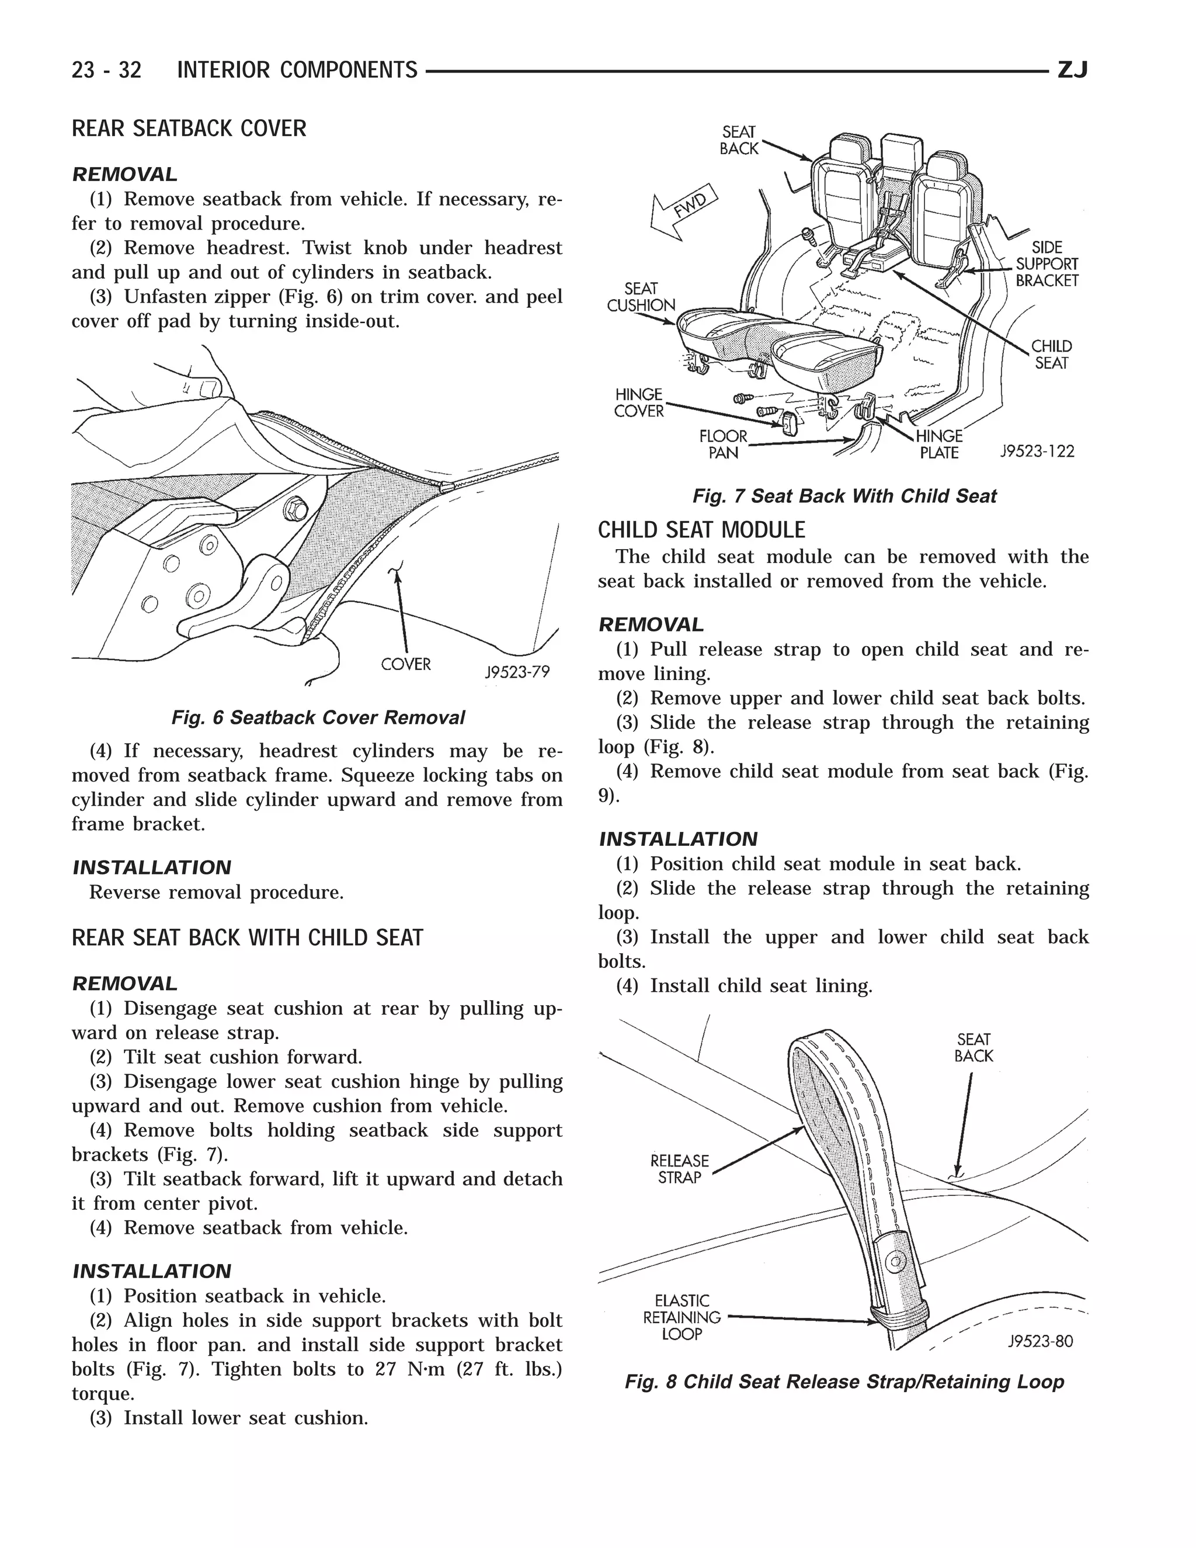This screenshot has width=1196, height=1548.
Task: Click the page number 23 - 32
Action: (106, 70)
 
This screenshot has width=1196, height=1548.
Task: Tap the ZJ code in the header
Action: (1072, 70)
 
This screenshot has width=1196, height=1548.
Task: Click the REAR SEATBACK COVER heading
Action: (189, 129)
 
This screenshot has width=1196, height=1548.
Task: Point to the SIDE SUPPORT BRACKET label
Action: (1046, 263)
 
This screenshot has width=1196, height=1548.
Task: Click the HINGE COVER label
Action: (638, 402)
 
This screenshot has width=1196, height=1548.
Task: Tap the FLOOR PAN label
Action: (723, 445)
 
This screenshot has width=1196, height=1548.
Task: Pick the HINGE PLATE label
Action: (939, 445)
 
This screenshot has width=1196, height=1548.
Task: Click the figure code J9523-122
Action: (1037, 452)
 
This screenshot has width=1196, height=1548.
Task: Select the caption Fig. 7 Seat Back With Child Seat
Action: (844, 496)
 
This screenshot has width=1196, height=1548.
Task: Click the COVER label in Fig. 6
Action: (405, 664)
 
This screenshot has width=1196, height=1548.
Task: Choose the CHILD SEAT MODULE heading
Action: (701, 530)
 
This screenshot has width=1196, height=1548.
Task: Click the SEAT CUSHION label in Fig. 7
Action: (641, 297)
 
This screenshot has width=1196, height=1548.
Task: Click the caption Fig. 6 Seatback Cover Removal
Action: (318, 718)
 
